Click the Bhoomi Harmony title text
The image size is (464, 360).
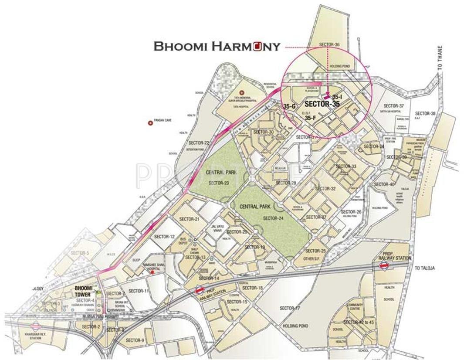(x=217, y=47)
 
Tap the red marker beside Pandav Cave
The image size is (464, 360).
(x=151, y=123)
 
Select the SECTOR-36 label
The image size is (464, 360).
(x=329, y=45)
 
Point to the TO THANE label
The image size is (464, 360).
(x=440, y=58)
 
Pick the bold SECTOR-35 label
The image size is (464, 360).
(x=322, y=104)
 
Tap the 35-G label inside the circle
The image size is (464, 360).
(x=290, y=106)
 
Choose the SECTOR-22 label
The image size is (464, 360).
(x=199, y=143)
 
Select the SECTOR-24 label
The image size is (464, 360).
(x=273, y=218)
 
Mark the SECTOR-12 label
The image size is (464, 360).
(x=164, y=237)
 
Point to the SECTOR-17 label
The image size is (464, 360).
(x=290, y=308)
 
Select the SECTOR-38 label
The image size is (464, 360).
(x=425, y=113)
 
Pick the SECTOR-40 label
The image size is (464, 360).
(x=384, y=184)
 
